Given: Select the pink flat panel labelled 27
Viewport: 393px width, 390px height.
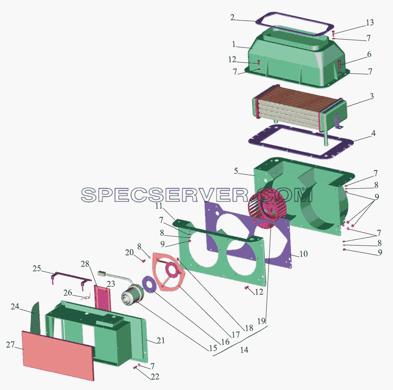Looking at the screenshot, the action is (58, 355).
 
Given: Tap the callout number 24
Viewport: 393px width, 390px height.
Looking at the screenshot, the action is (15, 306).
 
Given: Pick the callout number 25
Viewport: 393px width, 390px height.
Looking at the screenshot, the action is (37, 268).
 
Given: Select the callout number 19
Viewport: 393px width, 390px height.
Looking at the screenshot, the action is (262, 321).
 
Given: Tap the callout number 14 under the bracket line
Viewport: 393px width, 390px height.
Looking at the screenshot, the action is (244, 350).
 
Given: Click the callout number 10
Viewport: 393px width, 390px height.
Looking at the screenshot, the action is (304, 253).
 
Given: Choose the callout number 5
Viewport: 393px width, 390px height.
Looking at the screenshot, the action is (236, 171).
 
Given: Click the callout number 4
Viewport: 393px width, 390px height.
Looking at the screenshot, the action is (373, 133).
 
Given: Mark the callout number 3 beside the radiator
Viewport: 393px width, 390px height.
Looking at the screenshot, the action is (372, 96).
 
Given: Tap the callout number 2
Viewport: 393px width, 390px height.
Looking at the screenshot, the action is (233, 17).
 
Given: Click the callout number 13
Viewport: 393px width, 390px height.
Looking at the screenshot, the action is (370, 23).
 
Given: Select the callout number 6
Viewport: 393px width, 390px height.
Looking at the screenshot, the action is (369, 54).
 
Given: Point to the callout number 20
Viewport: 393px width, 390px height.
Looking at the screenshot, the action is (130, 252).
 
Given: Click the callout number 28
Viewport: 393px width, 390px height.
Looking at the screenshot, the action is (85, 263).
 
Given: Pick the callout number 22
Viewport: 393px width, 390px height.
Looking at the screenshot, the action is (155, 376).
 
